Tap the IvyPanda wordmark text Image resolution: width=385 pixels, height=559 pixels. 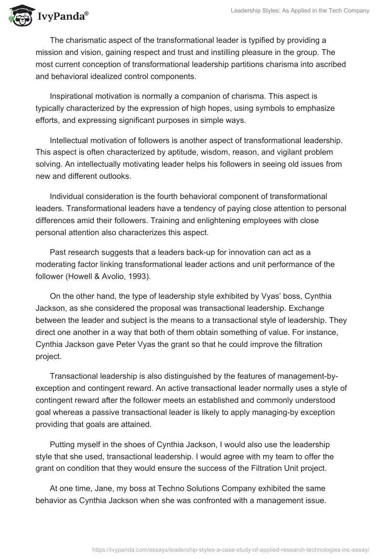pos(61,16)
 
